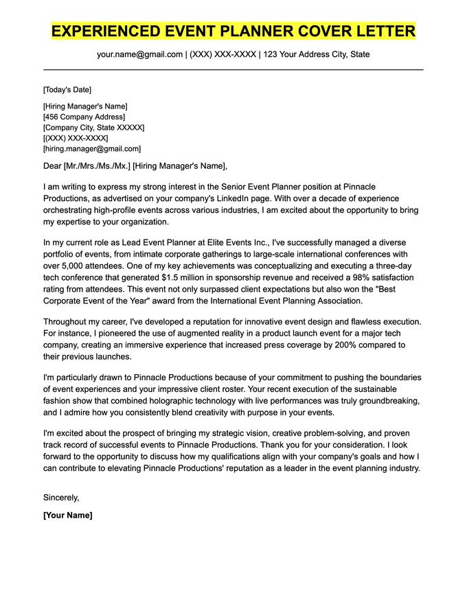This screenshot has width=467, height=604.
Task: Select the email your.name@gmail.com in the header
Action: coord(139,54)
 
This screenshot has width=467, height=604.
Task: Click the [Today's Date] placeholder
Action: coord(67,90)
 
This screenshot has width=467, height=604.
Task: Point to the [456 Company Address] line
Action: coord(79,117)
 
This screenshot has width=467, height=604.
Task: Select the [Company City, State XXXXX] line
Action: coord(93,128)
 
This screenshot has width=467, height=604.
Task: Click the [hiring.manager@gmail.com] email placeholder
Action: coord(91,148)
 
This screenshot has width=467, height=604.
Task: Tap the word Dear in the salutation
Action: coord(52,165)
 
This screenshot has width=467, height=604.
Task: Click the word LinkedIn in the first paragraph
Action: coord(253,198)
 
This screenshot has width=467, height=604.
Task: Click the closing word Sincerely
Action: coord(61,497)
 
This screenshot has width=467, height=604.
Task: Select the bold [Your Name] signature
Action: coord(67,515)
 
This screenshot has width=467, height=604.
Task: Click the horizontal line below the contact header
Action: coord(233,70)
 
